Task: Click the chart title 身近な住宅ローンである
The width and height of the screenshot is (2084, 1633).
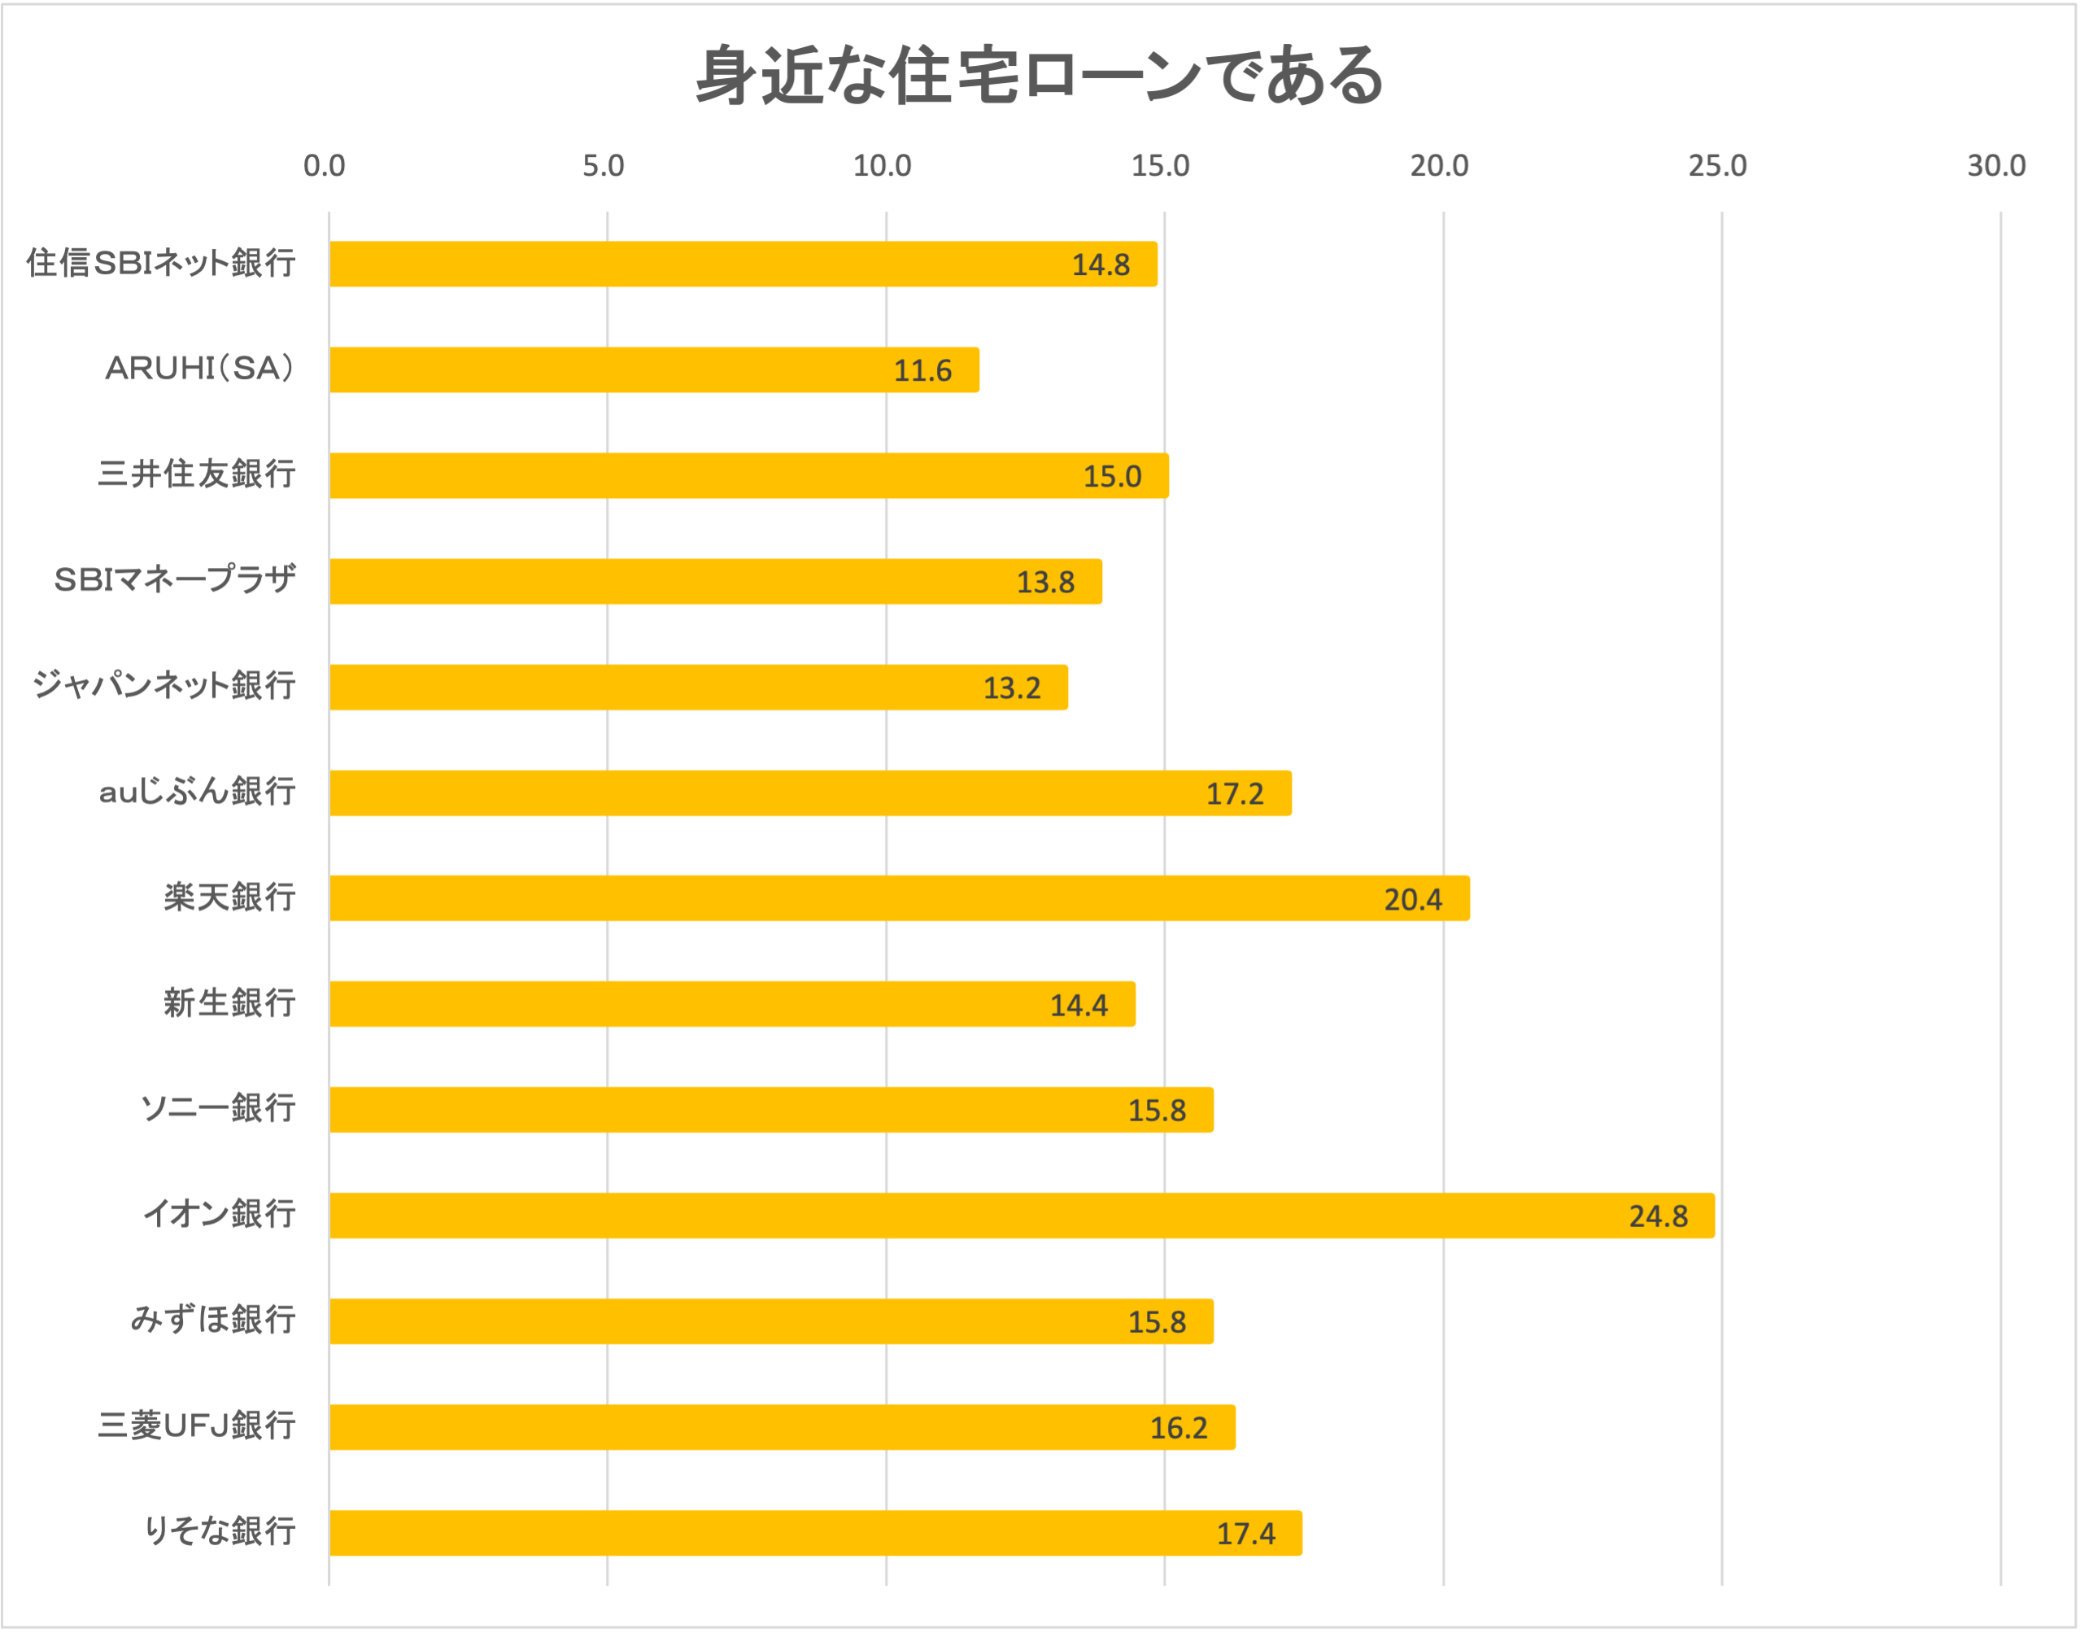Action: [x=1040, y=76]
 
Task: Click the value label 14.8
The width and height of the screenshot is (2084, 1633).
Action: [x=1101, y=264]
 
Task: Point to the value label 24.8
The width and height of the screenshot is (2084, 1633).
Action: [x=1658, y=1216]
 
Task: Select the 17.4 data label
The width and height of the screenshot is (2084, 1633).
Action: [x=1245, y=1534]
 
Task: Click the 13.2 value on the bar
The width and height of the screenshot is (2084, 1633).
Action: [x=1011, y=688]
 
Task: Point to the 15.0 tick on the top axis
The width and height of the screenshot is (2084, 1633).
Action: [x=1161, y=166]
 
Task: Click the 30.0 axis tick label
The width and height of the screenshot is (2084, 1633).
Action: [x=1996, y=166]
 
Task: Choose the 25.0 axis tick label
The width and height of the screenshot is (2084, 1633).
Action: [x=1717, y=166]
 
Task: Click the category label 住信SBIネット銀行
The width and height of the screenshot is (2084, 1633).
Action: [x=160, y=263]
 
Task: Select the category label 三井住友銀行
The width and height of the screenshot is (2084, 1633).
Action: [x=196, y=474]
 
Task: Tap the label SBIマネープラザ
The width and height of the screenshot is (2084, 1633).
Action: [x=174, y=579]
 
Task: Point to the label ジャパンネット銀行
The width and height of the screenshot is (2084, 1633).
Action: [x=163, y=686]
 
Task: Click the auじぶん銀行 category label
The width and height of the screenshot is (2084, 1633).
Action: [x=196, y=792]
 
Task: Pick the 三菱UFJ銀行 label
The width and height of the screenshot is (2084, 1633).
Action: [x=196, y=1426]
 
